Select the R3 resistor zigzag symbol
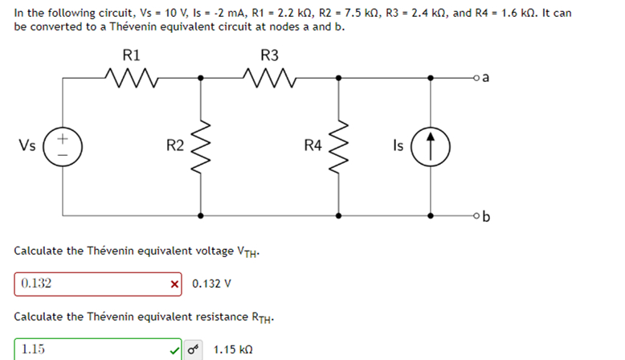coord(269,78)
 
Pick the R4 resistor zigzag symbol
coord(338,146)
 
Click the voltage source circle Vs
coord(62,146)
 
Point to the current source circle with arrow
coord(433,146)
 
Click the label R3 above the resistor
coord(269,55)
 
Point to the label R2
coord(174,145)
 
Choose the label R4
coord(312,145)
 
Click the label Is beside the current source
coord(399,145)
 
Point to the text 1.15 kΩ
coord(234,350)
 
